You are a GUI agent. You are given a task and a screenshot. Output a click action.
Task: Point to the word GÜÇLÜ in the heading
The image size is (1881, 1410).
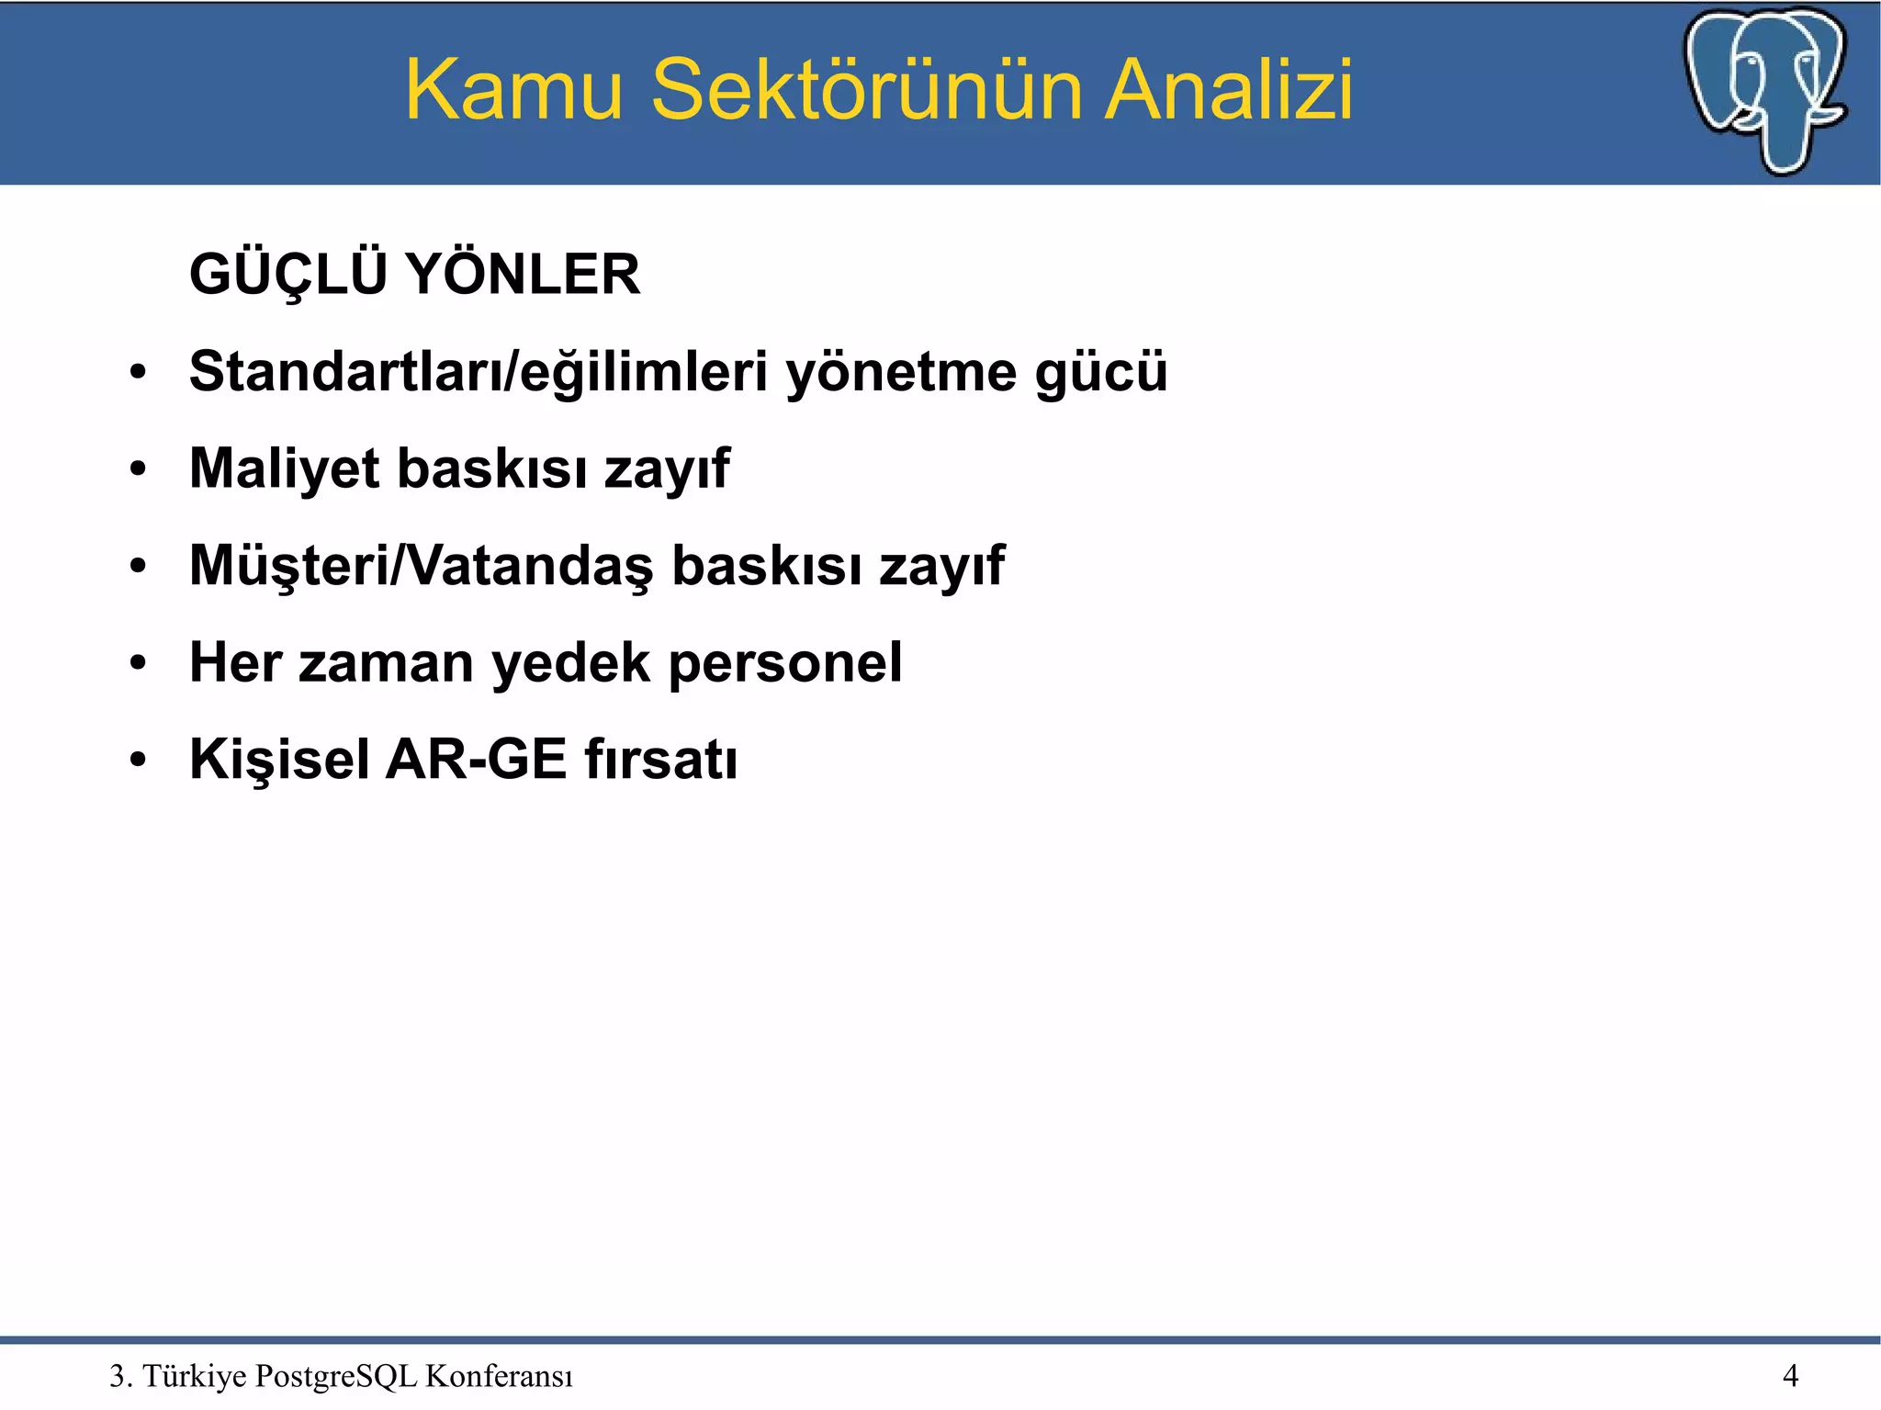(287, 275)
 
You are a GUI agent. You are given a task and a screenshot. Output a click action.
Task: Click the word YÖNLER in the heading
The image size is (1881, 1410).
(523, 275)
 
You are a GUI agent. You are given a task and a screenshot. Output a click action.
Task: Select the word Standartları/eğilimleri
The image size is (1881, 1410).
(478, 372)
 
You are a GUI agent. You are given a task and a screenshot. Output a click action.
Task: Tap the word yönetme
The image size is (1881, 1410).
(901, 372)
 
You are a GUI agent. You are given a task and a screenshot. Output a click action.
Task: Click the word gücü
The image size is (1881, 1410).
(1100, 372)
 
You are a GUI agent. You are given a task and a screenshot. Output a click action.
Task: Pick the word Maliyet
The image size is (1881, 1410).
(284, 468)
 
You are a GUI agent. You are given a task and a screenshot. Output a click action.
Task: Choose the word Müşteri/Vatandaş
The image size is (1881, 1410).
(422, 566)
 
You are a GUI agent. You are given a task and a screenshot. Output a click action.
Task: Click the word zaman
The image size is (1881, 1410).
(386, 662)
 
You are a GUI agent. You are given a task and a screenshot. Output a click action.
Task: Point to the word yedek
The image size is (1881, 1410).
(570, 662)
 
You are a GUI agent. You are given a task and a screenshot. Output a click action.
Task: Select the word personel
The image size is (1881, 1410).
(784, 662)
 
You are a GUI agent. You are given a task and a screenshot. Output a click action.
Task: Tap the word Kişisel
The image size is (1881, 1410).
(279, 760)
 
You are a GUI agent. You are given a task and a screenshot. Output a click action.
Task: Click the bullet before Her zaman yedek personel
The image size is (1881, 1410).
(138, 663)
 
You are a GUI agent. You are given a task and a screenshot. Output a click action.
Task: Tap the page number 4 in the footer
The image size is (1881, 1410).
(1790, 1376)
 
